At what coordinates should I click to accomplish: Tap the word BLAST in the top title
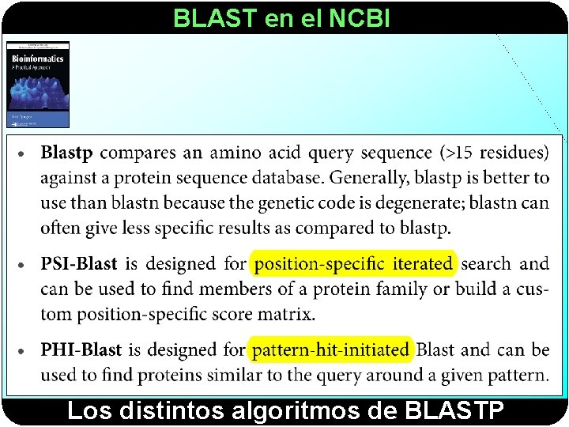point(216,17)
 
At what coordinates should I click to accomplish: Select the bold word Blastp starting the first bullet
point(66,153)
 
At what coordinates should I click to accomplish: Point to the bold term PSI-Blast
point(78,264)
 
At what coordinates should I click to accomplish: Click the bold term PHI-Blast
point(81,350)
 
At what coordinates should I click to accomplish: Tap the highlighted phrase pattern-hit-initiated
point(331,350)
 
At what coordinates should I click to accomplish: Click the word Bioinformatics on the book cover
point(36,59)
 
